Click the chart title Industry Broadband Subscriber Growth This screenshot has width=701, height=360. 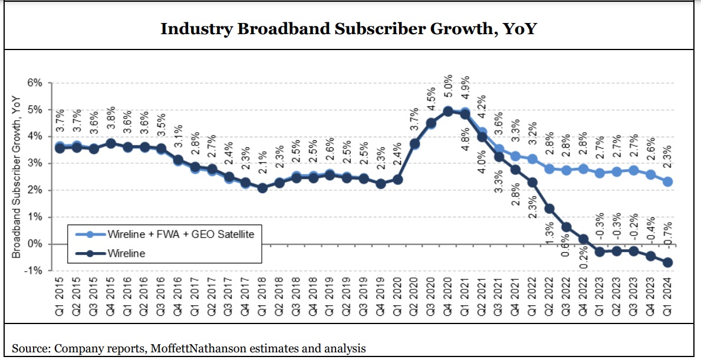point(349,29)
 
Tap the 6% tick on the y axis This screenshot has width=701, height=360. point(34,83)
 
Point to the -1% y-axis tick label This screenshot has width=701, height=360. point(33,271)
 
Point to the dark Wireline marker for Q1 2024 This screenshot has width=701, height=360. point(668,262)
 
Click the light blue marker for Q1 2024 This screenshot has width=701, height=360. point(668,182)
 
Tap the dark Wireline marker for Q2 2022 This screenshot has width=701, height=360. point(549,209)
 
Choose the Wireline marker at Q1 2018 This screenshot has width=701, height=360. point(262,188)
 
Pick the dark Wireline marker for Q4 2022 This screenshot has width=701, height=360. point(584,239)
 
